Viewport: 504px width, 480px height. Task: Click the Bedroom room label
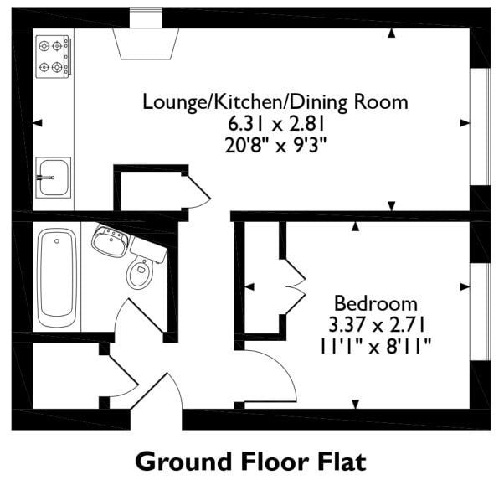tap(376, 303)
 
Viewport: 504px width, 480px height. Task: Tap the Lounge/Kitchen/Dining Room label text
tap(275, 102)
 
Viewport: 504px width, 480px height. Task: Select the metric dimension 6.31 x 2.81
tap(275, 124)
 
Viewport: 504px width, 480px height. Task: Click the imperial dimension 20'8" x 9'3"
tap(275, 146)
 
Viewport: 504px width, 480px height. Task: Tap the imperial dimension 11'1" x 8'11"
tap(375, 347)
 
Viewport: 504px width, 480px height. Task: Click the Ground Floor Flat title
tap(251, 462)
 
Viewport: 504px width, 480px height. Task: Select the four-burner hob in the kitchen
tap(54, 57)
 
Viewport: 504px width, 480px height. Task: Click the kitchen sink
tap(54, 178)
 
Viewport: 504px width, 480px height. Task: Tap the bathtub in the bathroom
tap(57, 277)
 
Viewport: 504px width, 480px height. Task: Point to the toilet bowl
tap(140, 273)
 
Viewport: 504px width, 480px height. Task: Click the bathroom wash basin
tap(111, 240)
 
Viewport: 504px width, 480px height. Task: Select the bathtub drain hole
tap(57, 241)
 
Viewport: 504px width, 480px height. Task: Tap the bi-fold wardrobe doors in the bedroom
tap(295, 286)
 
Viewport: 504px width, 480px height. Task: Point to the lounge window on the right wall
tap(481, 126)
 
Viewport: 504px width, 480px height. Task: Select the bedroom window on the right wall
tap(481, 312)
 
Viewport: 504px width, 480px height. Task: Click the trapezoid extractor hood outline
tap(146, 44)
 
